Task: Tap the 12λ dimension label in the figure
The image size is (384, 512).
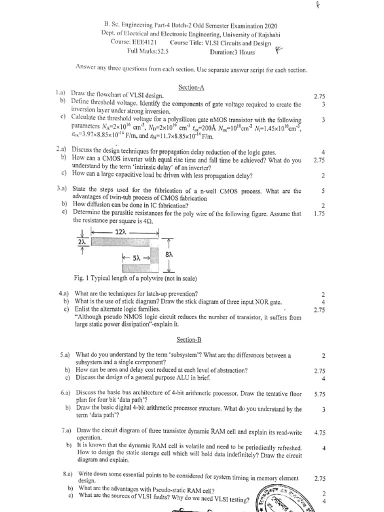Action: pos(120,232)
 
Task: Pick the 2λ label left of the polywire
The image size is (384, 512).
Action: pos(81,241)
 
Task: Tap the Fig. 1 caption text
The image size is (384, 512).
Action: pos(135,278)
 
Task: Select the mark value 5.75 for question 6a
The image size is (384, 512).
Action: pos(319,394)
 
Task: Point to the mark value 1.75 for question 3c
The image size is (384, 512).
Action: pos(319,213)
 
